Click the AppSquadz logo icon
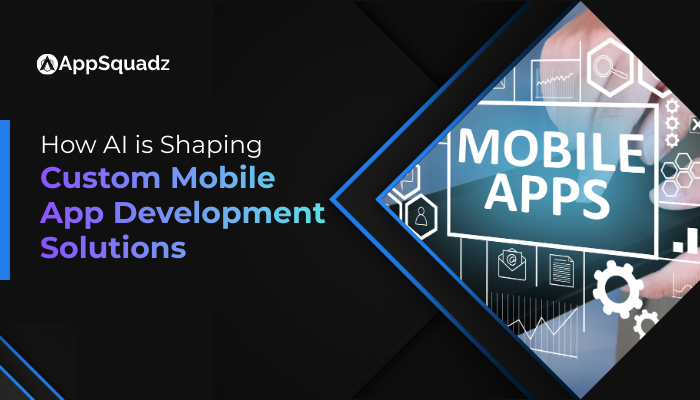[46, 64]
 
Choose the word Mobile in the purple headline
[224, 180]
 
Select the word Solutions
[113, 247]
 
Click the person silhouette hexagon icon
[422, 215]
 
